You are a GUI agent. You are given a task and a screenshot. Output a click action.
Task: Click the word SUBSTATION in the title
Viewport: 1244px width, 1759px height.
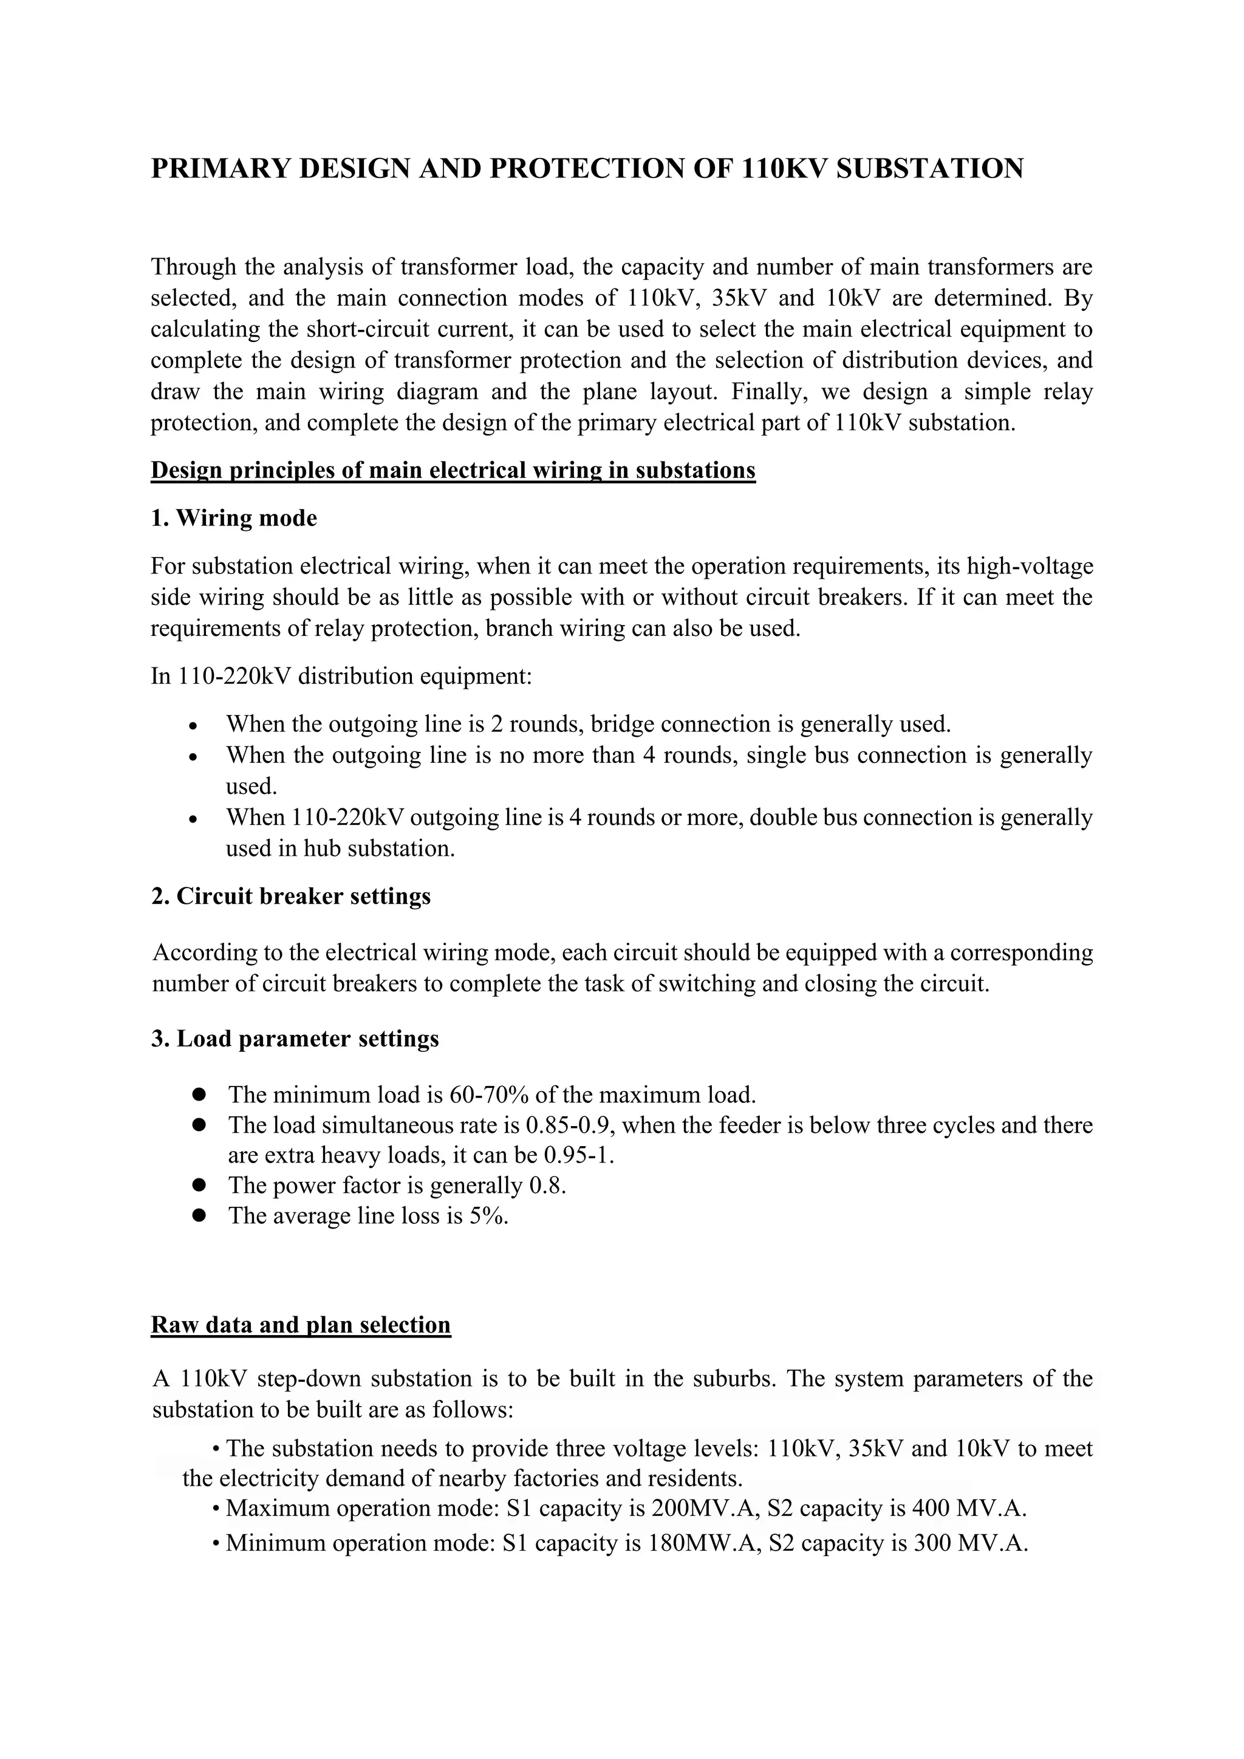click(x=929, y=168)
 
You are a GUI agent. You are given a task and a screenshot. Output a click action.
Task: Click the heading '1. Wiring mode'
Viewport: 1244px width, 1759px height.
click(x=234, y=519)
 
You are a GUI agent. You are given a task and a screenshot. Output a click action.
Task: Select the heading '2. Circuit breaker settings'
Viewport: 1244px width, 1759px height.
click(x=291, y=897)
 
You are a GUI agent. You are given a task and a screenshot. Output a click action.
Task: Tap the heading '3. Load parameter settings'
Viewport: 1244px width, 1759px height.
click(x=295, y=1039)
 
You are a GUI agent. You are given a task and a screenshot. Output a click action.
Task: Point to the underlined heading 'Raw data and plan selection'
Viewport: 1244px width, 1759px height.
click(x=301, y=1325)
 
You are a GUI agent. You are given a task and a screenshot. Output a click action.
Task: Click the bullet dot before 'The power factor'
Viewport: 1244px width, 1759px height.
click(x=200, y=1185)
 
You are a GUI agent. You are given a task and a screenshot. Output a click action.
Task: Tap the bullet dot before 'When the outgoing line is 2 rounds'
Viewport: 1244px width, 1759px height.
click(x=194, y=725)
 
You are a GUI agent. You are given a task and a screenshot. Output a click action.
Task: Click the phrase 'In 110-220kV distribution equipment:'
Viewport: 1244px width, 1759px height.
click(x=341, y=677)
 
